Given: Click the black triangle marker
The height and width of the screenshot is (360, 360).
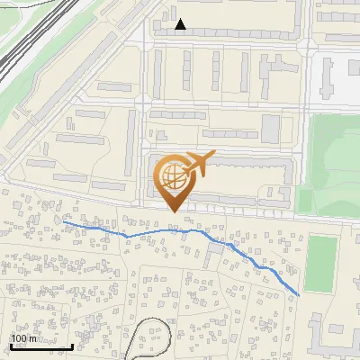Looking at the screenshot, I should [x=181, y=24].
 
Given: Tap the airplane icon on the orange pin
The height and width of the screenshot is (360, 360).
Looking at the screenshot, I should [x=196, y=164].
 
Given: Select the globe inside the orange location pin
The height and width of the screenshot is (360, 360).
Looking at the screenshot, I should [x=171, y=175].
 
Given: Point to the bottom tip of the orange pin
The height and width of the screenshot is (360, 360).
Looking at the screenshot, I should [x=172, y=212].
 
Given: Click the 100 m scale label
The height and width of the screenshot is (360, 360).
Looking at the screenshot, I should [x=24, y=338].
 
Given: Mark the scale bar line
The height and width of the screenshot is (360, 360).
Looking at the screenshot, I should [x=41, y=346].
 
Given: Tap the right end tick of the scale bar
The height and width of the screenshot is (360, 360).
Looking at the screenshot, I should [x=72, y=345].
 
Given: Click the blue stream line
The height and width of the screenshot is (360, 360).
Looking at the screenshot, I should [x=162, y=231].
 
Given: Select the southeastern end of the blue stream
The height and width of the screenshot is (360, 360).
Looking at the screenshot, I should [x=299, y=294].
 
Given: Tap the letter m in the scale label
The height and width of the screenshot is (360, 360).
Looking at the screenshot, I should [x=32, y=338].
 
